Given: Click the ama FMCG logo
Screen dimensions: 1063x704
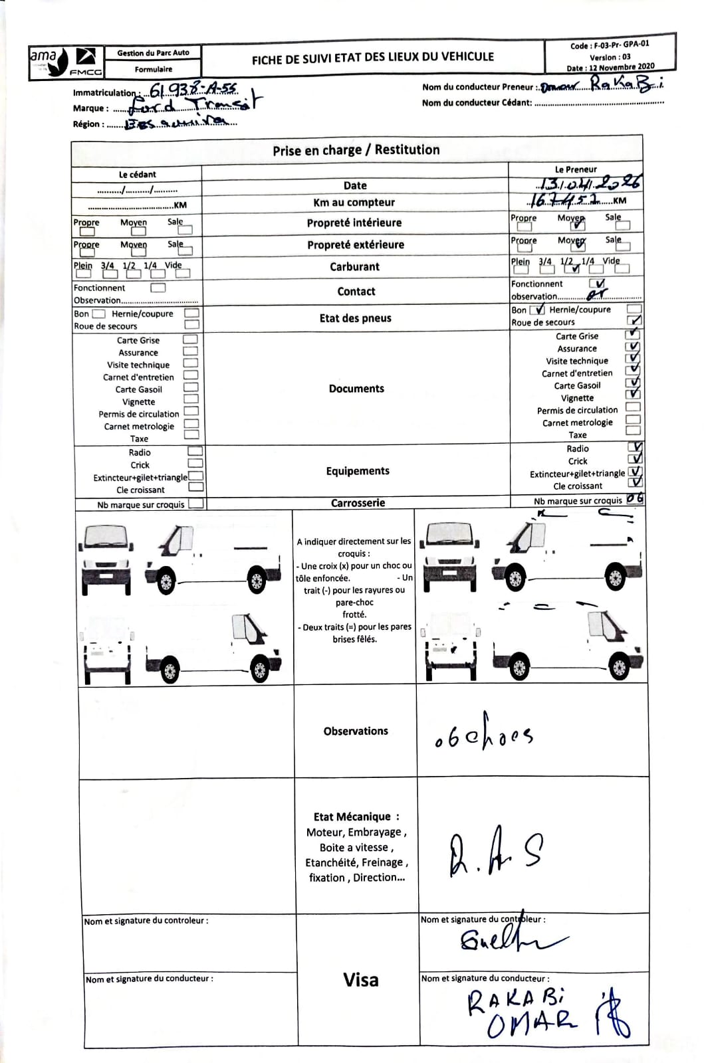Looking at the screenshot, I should (66, 62).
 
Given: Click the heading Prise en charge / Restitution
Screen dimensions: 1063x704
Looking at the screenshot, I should (356, 150).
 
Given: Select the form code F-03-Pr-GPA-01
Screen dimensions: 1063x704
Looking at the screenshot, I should (610, 45).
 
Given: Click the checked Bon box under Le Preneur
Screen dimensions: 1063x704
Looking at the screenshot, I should (538, 310).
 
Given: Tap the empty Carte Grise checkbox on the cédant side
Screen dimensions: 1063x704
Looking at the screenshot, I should (191, 339).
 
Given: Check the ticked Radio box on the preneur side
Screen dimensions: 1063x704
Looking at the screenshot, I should (636, 448).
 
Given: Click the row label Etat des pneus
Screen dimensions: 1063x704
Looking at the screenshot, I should (356, 318).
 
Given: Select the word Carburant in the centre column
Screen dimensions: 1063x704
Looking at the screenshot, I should (355, 267).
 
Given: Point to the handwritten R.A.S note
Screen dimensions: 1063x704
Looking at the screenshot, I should (495, 855).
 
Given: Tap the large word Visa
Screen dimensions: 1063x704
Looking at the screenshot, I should (361, 980).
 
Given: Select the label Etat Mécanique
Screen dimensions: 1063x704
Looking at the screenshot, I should (356, 817).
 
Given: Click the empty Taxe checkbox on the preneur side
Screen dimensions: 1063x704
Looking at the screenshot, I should (633, 431).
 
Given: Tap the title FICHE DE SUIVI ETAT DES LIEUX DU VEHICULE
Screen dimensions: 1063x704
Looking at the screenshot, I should (373, 58).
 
